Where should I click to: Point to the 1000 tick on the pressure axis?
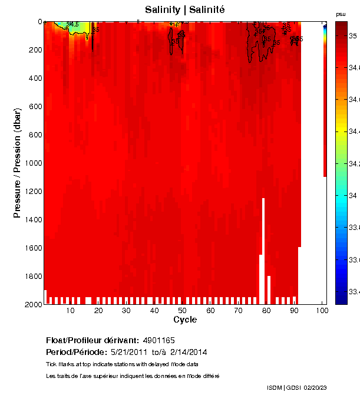[32, 163]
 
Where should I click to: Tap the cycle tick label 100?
[322, 311]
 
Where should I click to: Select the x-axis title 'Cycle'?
[185, 320]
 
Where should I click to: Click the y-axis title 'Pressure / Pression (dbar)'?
[17, 163]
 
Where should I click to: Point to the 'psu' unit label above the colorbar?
[340, 14]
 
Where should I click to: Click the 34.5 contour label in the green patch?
[72, 24]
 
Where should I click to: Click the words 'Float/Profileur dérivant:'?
[92, 340]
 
